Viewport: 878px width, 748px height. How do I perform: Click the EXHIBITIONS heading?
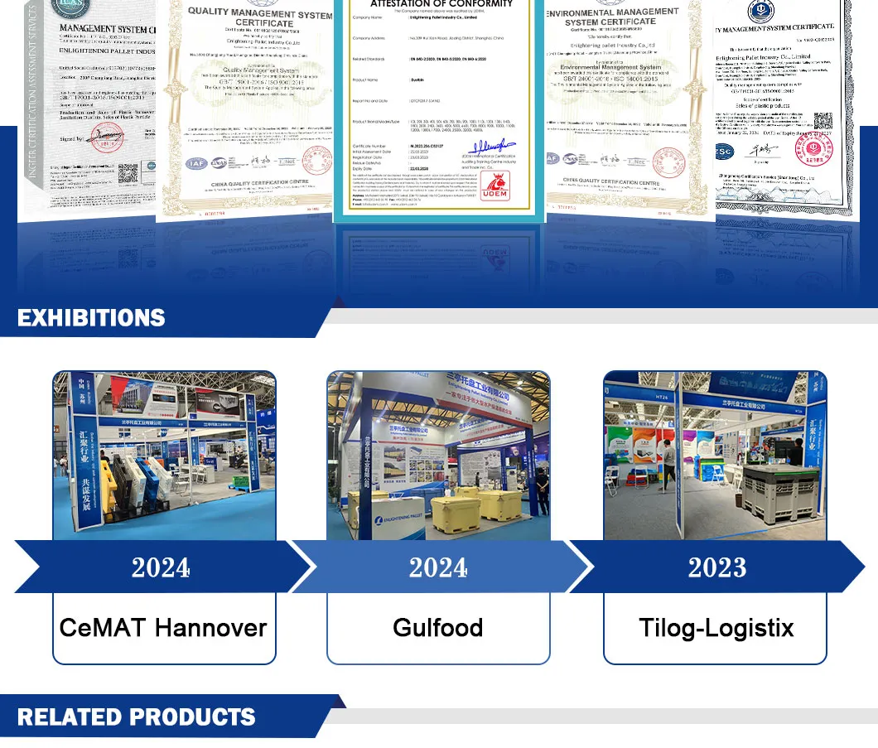pyautogui.click(x=91, y=318)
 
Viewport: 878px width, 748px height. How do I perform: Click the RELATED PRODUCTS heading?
pyautogui.click(x=137, y=717)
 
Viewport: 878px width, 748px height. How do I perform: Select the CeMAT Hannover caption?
pyautogui.click(x=163, y=627)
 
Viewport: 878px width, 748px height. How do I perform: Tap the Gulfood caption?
pyautogui.click(x=438, y=627)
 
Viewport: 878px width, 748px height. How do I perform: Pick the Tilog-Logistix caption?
pyautogui.click(x=716, y=627)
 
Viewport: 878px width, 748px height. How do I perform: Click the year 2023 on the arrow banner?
pyautogui.click(x=716, y=567)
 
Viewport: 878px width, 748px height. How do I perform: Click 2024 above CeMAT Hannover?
pyautogui.click(x=161, y=567)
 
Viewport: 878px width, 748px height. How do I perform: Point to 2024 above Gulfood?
pyautogui.click(x=438, y=567)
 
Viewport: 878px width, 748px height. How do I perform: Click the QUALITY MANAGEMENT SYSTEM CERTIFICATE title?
pyautogui.click(x=259, y=18)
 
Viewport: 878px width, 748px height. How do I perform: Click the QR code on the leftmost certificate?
pyautogui.click(x=127, y=174)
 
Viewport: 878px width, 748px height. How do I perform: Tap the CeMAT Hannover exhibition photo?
pyautogui.click(x=164, y=455)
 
